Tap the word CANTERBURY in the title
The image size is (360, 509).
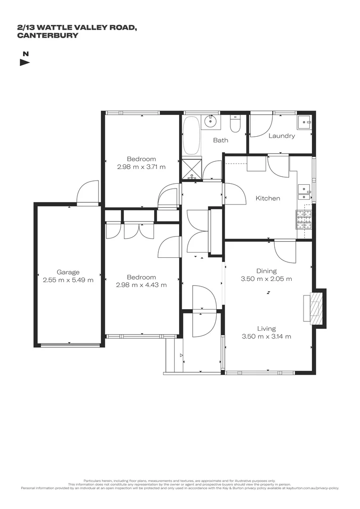(x=47, y=35)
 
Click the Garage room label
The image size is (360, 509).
(x=68, y=272)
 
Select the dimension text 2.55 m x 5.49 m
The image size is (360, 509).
(x=68, y=279)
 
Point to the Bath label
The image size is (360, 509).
(x=221, y=140)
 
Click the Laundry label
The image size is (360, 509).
(x=282, y=136)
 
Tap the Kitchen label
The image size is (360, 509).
(x=268, y=198)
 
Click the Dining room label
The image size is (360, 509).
(x=266, y=271)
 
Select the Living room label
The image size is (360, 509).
(x=266, y=328)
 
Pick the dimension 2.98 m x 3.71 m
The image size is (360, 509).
(x=141, y=166)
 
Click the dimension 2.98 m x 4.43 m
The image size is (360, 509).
(x=141, y=285)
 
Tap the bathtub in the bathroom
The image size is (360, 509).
(x=191, y=136)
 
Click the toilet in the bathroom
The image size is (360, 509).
(x=235, y=125)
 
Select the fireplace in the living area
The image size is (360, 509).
(x=315, y=307)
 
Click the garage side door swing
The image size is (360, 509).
(x=88, y=192)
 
